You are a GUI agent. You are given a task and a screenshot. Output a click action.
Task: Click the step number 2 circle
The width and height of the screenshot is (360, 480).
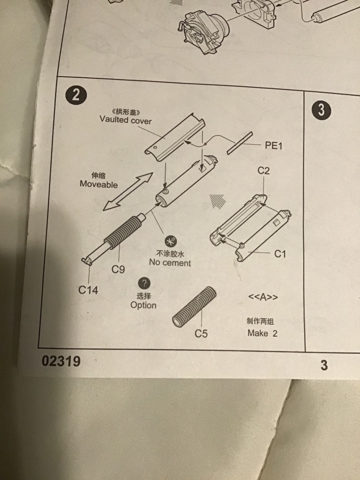click(x=76, y=95)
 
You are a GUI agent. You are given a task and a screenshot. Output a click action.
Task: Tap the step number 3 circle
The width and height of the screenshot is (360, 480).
click(x=321, y=110)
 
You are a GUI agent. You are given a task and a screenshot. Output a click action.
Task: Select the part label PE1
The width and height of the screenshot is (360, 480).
click(x=274, y=146)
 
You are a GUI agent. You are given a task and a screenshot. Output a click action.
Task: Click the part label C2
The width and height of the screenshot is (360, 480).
click(x=264, y=171)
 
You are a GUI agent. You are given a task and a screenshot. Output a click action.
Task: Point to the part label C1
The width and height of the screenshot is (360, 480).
click(x=280, y=254)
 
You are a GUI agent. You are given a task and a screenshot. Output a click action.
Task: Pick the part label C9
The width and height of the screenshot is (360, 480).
click(x=118, y=269)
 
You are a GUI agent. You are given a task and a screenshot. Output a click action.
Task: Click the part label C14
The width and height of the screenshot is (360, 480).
click(x=88, y=290)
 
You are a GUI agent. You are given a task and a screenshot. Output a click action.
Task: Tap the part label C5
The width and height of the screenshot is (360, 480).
click(x=201, y=334)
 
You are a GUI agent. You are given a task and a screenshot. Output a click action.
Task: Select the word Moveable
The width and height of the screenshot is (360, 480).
click(x=99, y=184)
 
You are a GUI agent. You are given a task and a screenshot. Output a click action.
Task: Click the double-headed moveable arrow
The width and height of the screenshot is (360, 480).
click(x=128, y=191)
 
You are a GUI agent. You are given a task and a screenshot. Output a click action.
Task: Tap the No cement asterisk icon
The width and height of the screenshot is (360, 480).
click(x=170, y=242)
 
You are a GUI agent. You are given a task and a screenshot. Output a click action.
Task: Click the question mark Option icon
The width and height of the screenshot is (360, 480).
click(x=144, y=284)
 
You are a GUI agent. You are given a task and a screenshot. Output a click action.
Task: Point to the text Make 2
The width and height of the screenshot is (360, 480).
click(x=262, y=333)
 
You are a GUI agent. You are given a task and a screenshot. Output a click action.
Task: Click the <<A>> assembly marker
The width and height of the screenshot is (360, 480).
click(x=263, y=297)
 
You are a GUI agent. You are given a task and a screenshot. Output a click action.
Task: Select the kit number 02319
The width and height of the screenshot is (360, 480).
click(x=61, y=361)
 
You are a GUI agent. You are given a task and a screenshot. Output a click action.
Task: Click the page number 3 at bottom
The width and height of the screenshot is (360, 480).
click(x=324, y=365)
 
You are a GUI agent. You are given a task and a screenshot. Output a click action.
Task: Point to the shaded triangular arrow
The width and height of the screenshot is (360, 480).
click(x=218, y=201)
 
